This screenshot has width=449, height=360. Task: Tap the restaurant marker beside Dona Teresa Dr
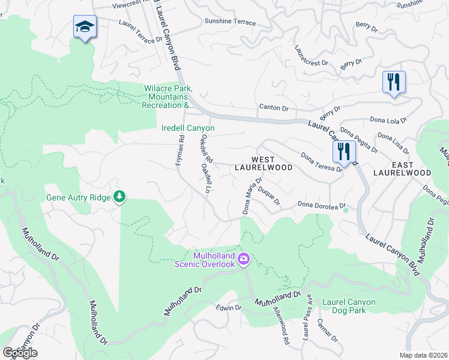click(343, 151)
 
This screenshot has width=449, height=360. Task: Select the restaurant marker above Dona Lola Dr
click(394, 82)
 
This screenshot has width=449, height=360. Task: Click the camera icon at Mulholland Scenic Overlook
click(244, 259)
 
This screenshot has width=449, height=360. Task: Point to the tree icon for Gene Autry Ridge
click(120, 197)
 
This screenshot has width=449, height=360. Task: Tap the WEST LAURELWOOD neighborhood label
click(263, 163)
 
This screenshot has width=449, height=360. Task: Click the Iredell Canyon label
click(188, 128)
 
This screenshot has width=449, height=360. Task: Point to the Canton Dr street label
click(274, 108)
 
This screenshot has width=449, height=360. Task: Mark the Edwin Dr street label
click(229, 308)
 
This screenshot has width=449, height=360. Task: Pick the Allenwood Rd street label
click(280, 326)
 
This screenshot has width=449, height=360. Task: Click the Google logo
click(20, 352)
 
